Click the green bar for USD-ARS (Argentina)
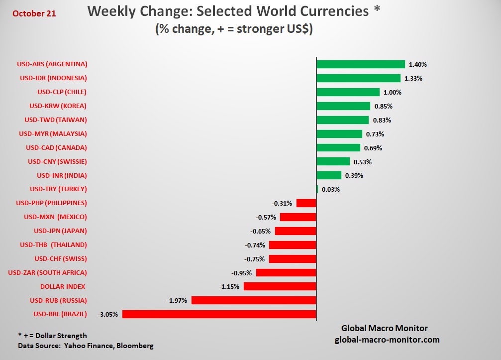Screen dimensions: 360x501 pyautogui.click(x=360, y=64)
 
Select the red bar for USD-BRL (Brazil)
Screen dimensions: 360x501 pyautogui.click(x=219, y=314)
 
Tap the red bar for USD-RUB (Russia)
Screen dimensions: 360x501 pyautogui.click(x=254, y=300)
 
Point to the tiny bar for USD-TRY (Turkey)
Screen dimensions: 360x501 pyautogui.click(x=317, y=189)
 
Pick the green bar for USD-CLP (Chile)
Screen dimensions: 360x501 pyautogui.click(x=348, y=92)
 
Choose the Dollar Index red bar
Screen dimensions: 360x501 pyautogui.click(x=280, y=286)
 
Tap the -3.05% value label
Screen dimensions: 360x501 pyautogui.click(x=108, y=314)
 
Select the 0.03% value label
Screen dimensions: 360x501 pyautogui.click(x=331, y=190)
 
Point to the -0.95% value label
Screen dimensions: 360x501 pyautogui.click(x=242, y=273)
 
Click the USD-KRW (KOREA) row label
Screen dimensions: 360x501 pyautogui.click(x=58, y=106)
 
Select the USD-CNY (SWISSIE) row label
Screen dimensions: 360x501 pyautogui.click(x=57, y=161)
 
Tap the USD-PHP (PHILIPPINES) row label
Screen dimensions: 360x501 pyautogui.click(x=51, y=203)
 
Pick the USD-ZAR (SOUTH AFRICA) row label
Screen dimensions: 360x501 pyautogui.click(x=47, y=272)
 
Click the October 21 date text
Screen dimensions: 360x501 pyautogui.click(x=34, y=13)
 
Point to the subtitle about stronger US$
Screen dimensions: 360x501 pyautogui.click(x=234, y=29)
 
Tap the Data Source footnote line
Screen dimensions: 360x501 pyautogui.click(x=86, y=346)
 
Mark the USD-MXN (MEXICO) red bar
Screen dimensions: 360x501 pyautogui.click(x=298, y=217)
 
